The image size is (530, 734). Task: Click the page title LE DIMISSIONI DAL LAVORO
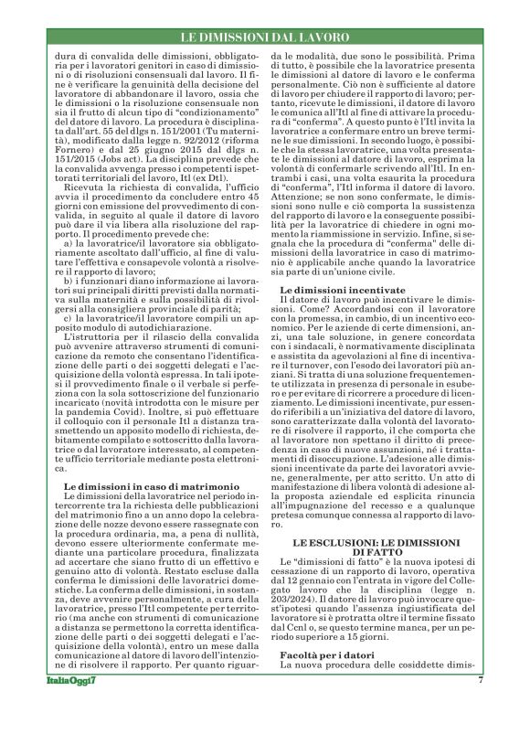(264, 37)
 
